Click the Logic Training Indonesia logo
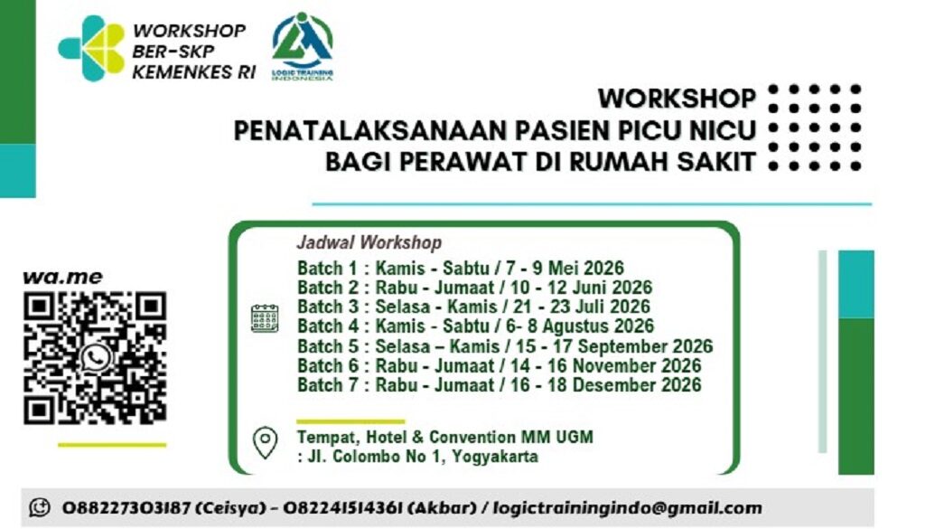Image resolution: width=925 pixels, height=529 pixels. (303, 45)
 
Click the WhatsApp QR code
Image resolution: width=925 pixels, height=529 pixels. (94, 357)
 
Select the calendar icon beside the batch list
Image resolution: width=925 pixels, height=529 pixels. (264, 318)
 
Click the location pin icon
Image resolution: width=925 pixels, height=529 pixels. (265, 443)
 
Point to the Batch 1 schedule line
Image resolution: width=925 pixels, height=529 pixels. (460, 268)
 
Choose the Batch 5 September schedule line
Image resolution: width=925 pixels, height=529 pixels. (504, 346)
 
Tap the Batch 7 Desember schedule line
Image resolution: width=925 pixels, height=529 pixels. (499, 386)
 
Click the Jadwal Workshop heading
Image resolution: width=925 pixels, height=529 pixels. (369, 242)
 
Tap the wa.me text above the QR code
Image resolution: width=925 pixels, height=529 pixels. (62, 277)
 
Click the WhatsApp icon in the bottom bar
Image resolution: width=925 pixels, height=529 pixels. (39, 508)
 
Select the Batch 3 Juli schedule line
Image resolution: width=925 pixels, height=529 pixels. (473, 307)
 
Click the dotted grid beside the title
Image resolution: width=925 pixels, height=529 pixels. (813, 128)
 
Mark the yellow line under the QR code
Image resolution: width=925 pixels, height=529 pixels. (112, 444)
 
